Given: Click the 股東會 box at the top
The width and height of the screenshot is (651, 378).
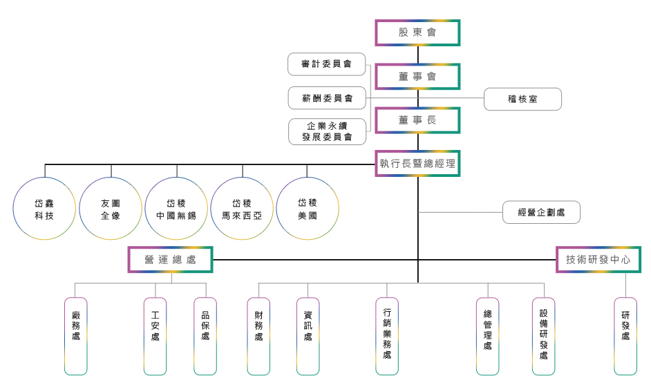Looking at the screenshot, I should point(417,32).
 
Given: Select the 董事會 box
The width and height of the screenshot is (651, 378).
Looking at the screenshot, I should point(417,77).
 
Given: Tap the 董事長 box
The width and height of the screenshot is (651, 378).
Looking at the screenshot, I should point(417,120).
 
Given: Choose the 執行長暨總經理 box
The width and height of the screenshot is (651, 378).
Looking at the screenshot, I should point(417,164).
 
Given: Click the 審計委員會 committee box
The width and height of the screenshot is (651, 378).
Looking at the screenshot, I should point(327,64).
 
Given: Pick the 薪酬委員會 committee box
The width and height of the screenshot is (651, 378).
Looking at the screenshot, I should point(327,98).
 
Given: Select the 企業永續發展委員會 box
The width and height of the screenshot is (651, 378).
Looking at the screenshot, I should point(327,131).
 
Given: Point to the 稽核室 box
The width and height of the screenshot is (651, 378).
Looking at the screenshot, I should point(522,99).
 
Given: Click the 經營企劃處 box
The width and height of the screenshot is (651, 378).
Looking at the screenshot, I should point(541,212).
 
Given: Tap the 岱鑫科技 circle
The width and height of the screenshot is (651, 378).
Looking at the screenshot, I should point(44,209).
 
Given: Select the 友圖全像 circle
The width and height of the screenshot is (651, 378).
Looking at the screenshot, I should point(111,209).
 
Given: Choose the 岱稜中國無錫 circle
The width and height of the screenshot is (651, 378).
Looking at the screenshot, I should point(176,209).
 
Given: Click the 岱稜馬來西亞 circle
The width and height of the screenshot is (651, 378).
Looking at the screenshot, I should point(242,209).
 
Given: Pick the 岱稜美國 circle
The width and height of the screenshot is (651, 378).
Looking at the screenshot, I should point(308,209).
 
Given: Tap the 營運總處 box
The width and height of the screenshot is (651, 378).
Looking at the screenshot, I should point(170,260).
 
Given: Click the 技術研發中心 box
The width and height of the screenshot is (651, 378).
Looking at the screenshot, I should point(598,260).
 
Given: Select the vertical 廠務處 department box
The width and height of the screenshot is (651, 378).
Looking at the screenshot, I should point(76,336).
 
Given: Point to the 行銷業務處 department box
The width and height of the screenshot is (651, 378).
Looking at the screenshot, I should point(387,336).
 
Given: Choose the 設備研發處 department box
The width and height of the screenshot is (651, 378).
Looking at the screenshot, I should point(543,336).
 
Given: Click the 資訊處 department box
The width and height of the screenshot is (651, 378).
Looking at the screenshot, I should point(308,336).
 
